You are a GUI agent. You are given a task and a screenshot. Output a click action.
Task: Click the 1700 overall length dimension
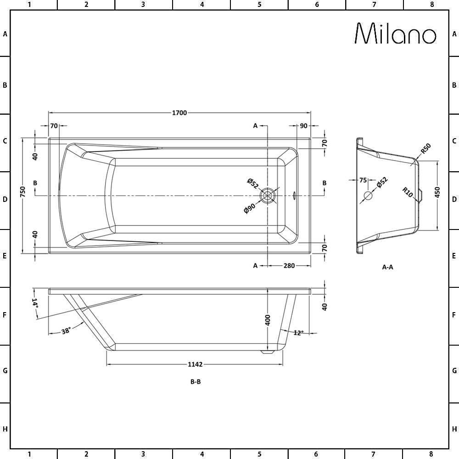click(x=179, y=113)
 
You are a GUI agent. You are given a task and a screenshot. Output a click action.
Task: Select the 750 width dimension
click(x=23, y=192)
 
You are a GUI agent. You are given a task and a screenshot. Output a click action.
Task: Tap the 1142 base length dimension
click(x=195, y=364)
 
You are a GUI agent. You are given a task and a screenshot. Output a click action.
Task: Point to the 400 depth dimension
click(x=268, y=320)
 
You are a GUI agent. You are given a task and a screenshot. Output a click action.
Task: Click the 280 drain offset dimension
click(x=289, y=265)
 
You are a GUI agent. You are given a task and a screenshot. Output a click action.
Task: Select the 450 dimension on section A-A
click(x=437, y=192)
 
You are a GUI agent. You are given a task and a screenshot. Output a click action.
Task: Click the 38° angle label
click(x=66, y=331)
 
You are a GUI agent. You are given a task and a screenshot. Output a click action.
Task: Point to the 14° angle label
click(x=35, y=303)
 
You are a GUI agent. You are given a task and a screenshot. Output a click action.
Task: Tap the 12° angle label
click(x=298, y=333)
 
